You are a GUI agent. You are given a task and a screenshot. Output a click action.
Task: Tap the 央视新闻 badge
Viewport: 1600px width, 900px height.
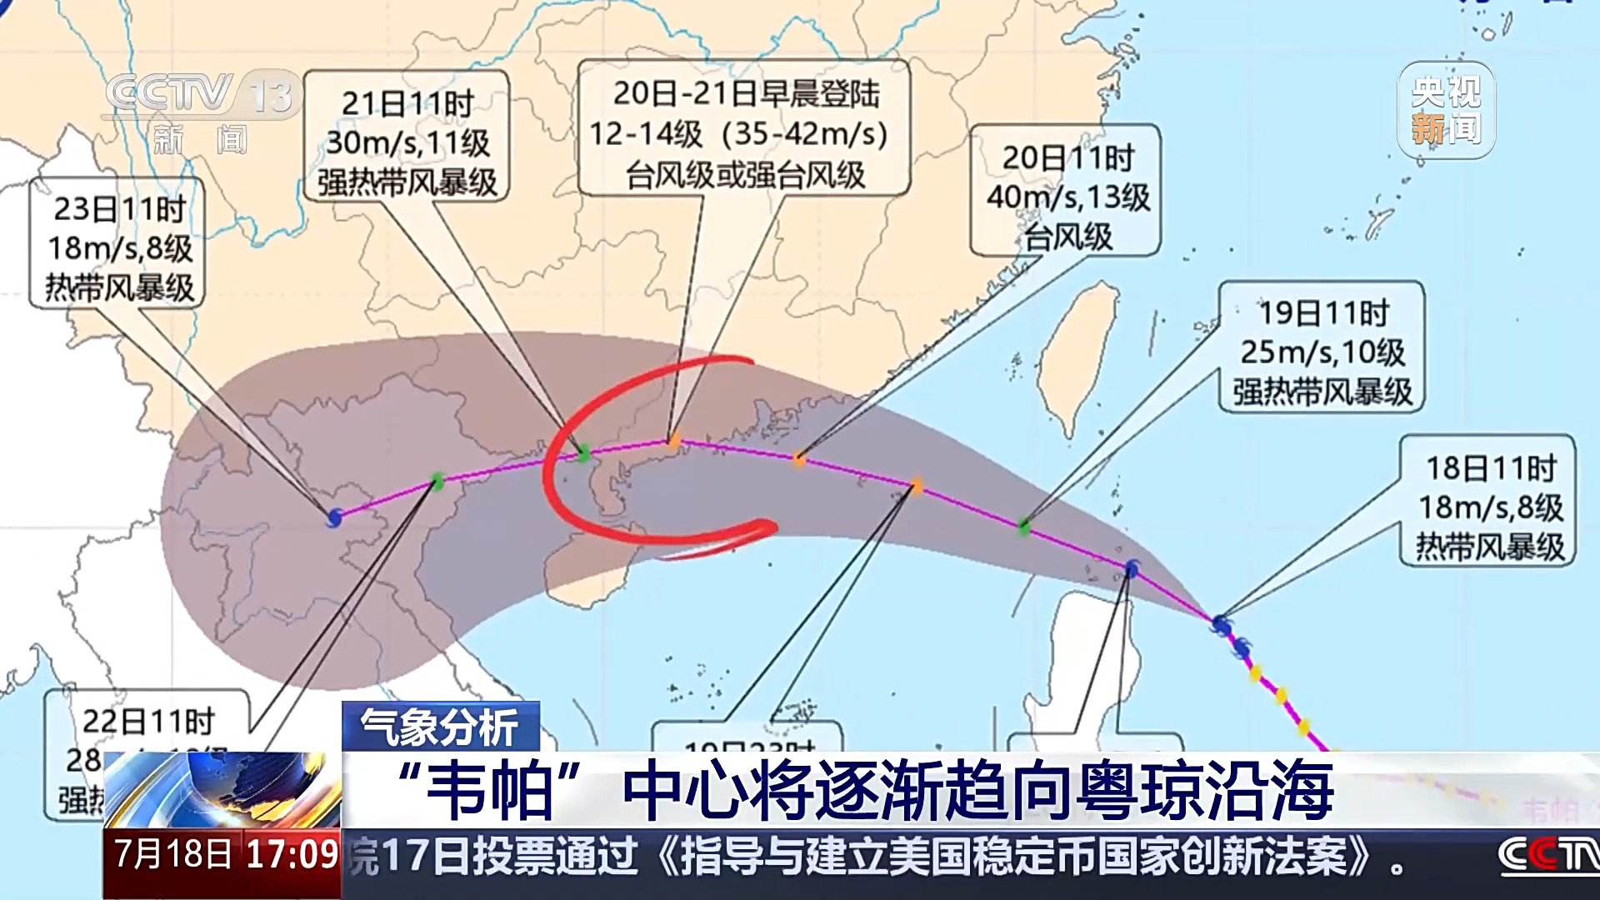click(x=1446, y=110)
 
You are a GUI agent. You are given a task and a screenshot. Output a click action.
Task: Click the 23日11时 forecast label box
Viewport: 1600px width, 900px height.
click(x=117, y=244)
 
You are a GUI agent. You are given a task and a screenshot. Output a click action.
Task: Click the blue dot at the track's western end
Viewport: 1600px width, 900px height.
click(x=334, y=517)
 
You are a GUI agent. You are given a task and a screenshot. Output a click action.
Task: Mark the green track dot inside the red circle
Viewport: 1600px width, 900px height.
click(x=583, y=453)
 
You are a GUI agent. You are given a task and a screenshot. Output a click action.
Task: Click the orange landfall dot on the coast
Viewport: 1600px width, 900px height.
click(x=674, y=440)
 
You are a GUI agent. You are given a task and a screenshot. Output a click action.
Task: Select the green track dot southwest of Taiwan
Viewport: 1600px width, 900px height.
click(x=1023, y=525)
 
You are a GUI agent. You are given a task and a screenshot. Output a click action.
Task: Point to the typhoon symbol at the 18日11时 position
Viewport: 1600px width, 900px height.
click(x=1221, y=622)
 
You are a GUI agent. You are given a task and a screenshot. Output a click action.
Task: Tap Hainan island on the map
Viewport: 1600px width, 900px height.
click(x=583, y=575)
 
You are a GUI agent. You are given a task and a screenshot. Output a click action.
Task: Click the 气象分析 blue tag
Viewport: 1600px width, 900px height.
click(x=440, y=727)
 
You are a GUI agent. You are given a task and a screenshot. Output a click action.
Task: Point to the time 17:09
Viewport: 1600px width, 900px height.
click(x=292, y=854)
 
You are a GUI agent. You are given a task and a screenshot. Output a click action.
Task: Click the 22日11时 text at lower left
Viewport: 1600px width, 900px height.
click(x=148, y=721)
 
